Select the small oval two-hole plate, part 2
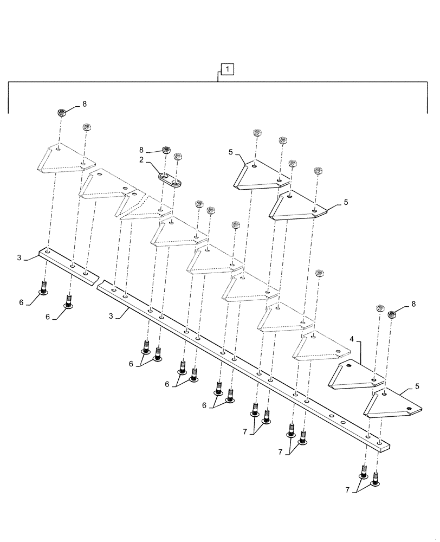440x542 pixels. [170, 178]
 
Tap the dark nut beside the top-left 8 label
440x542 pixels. [62, 113]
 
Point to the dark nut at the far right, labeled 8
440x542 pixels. [393, 313]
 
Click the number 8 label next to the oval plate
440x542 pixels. [141, 150]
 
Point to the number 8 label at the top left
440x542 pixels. [84, 103]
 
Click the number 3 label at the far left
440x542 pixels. [19, 259]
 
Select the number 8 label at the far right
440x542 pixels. [413, 305]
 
